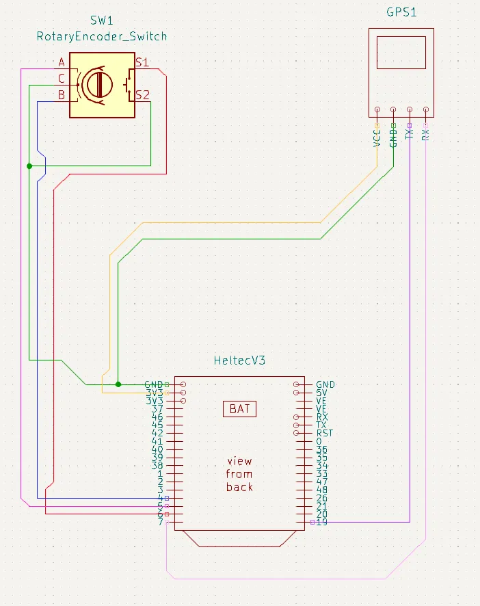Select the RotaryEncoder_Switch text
point(102,36)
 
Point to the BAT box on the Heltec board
point(239,409)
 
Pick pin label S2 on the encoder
point(143,94)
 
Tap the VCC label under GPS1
point(377,136)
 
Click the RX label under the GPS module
point(426,134)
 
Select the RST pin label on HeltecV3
point(325,433)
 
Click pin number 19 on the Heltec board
point(321,523)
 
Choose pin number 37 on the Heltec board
point(157,409)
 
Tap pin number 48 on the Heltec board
point(322,490)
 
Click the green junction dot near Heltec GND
point(118,384)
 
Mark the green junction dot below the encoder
point(29,166)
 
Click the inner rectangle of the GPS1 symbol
point(401,53)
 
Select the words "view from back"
point(239,474)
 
